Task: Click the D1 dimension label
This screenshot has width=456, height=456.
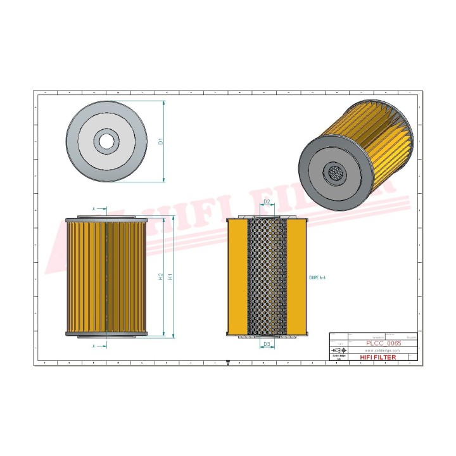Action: click(x=161, y=141)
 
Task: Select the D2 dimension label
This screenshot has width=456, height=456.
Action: click(x=267, y=202)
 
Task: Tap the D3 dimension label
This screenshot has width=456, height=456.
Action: click(x=267, y=345)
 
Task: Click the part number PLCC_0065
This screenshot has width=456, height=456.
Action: click(x=383, y=343)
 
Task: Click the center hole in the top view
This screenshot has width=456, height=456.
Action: click(x=106, y=141)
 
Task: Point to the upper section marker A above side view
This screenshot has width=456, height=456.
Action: click(x=94, y=208)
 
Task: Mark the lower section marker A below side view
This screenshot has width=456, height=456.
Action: click(x=94, y=346)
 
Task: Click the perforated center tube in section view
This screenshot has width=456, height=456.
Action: click(x=267, y=277)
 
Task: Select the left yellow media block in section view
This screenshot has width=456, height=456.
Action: click(x=237, y=277)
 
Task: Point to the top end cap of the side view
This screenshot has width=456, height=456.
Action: click(x=106, y=218)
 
